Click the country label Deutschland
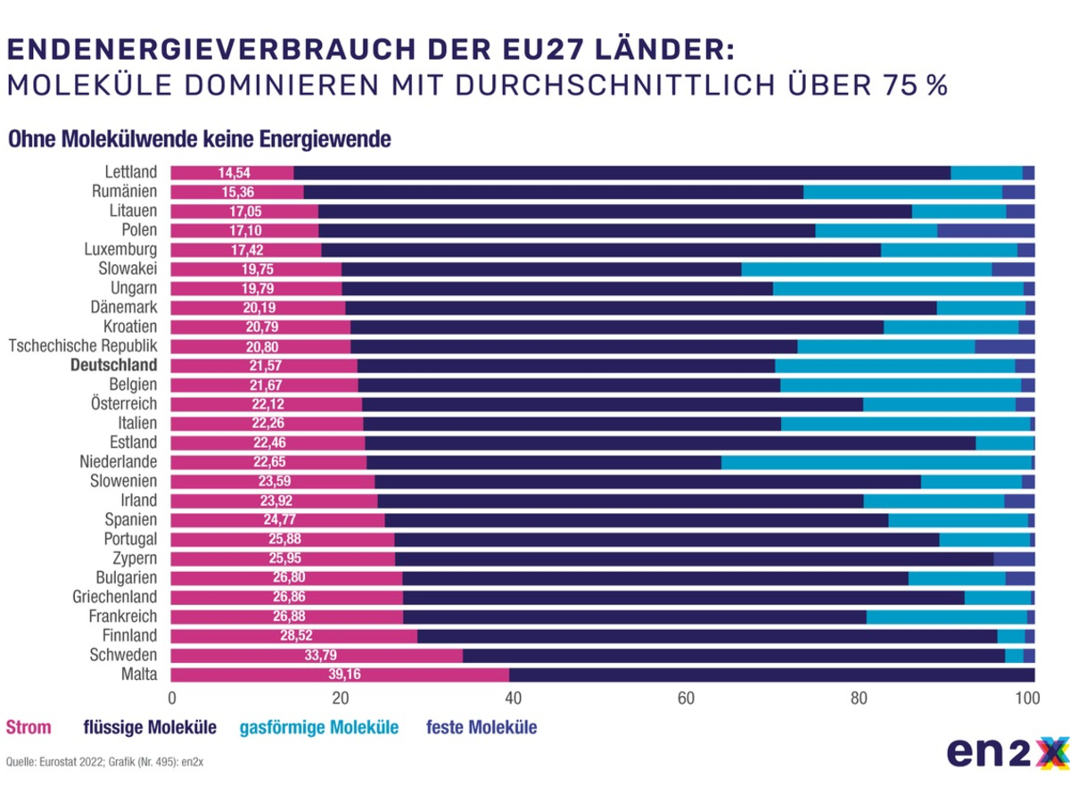click(x=114, y=365)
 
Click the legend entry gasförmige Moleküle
click(x=320, y=728)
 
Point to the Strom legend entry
click(x=29, y=728)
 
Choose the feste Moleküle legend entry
click(x=481, y=728)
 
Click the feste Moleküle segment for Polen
click(x=985, y=230)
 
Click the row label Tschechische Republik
click(x=83, y=346)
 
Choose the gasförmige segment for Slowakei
click(x=866, y=269)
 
